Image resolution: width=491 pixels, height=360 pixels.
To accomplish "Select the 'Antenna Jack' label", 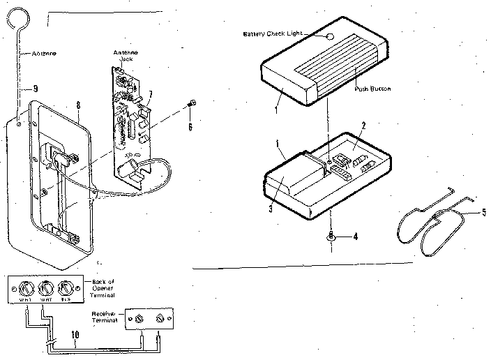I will (121, 56).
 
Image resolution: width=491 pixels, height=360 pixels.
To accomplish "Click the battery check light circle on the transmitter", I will (330, 36).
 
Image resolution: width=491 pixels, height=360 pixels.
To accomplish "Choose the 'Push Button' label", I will (372, 89).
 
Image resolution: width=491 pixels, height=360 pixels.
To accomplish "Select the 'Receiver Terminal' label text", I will (107, 318).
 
